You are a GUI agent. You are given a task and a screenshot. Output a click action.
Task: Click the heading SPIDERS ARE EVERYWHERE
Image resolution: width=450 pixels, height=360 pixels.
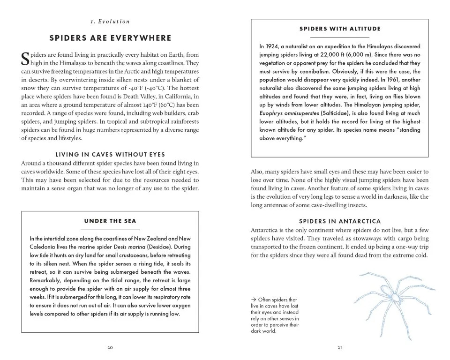pyautogui.click(x=110, y=38)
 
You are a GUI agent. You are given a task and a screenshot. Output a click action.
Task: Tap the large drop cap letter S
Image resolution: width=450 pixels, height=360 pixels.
pyautogui.click(x=25, y=59)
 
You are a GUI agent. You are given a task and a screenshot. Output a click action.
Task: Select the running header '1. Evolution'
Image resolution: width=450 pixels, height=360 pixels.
pyautogui.click(x=110, y=21)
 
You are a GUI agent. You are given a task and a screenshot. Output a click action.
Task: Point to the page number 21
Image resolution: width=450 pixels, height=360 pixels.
pyautogui.click(x=340, y=348)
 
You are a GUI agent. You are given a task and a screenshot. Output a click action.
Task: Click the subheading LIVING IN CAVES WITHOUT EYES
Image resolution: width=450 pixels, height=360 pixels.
pyautogui.click(x=110, y=154)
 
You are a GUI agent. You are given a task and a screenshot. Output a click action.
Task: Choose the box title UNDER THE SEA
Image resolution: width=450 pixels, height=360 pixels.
pyautogui.click(x=110, y=221)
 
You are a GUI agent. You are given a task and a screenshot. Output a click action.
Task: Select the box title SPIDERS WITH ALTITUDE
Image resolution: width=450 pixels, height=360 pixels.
pyautogui.click(x=340, y=29)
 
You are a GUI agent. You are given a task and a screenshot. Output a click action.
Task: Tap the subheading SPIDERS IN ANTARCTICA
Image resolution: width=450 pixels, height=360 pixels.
pyautogui.click(x=340, y=221)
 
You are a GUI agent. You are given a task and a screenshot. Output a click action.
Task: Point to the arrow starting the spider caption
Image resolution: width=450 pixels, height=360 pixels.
pyautogui.click(x=254, y=300)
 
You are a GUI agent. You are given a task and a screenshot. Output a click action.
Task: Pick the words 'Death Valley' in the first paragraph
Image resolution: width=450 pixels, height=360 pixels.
pyautogui.click(x=137, y=97)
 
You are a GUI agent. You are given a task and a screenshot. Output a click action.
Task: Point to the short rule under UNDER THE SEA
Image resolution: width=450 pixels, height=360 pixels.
pyautogui.click(x=110, y=230)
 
